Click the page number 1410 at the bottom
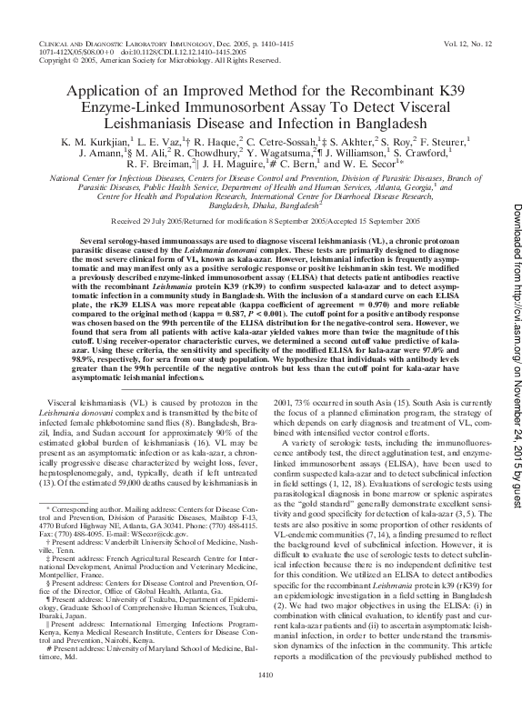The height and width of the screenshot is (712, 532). pos(266,699)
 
